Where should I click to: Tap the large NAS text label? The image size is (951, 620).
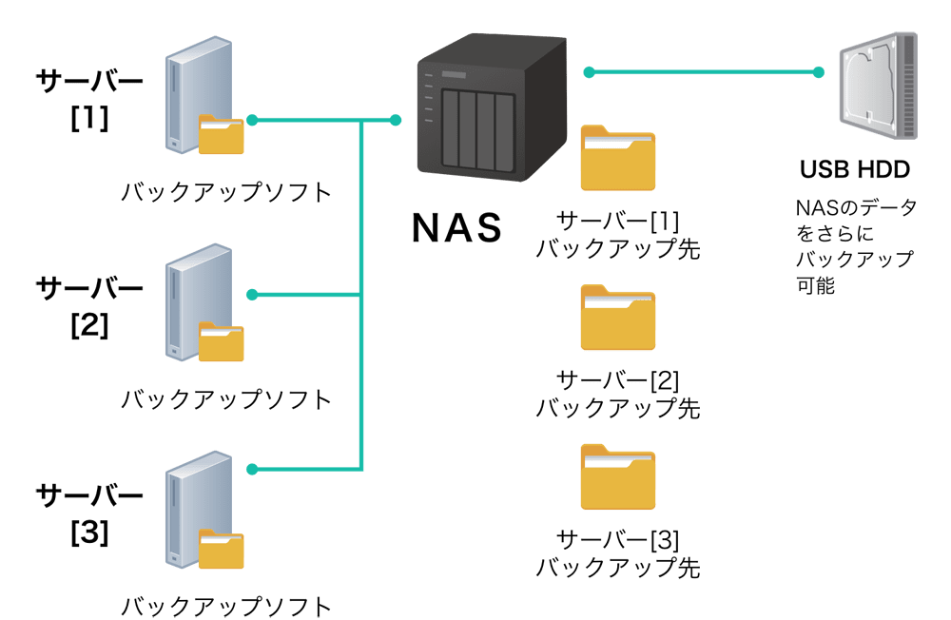pyautogui.click(x=456, y=227)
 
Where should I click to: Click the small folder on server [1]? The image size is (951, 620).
pyautogui.click(x=222, y=135)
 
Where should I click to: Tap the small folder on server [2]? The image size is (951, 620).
pyautogui.click(x=222, y=342)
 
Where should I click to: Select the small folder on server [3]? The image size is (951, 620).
pyautogui.click(x=222, y=551)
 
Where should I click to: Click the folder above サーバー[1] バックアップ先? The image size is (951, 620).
pyautogui.click(x=618, y=159)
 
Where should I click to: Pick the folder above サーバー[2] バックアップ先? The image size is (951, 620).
pyautogui.click(x=618, y=319)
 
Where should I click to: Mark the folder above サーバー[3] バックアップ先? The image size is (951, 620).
pyautogui.click(x=618, y=477)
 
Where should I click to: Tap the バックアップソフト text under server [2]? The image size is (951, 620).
pyautogui.click(x=226, y=398)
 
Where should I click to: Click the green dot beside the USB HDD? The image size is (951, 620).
pyautogui.click(x=819, y=71)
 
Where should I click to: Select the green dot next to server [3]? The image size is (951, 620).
pyautogui.click(x=252, y=470)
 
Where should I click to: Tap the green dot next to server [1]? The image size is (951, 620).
pyautogui.click(x=252, y=120)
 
